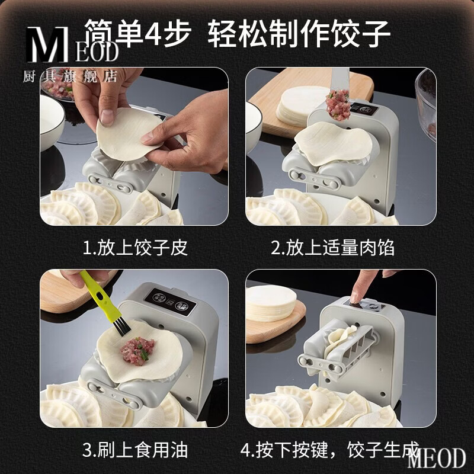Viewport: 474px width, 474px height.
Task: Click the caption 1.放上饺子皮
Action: pyautogui.click(x=135, y=247)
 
